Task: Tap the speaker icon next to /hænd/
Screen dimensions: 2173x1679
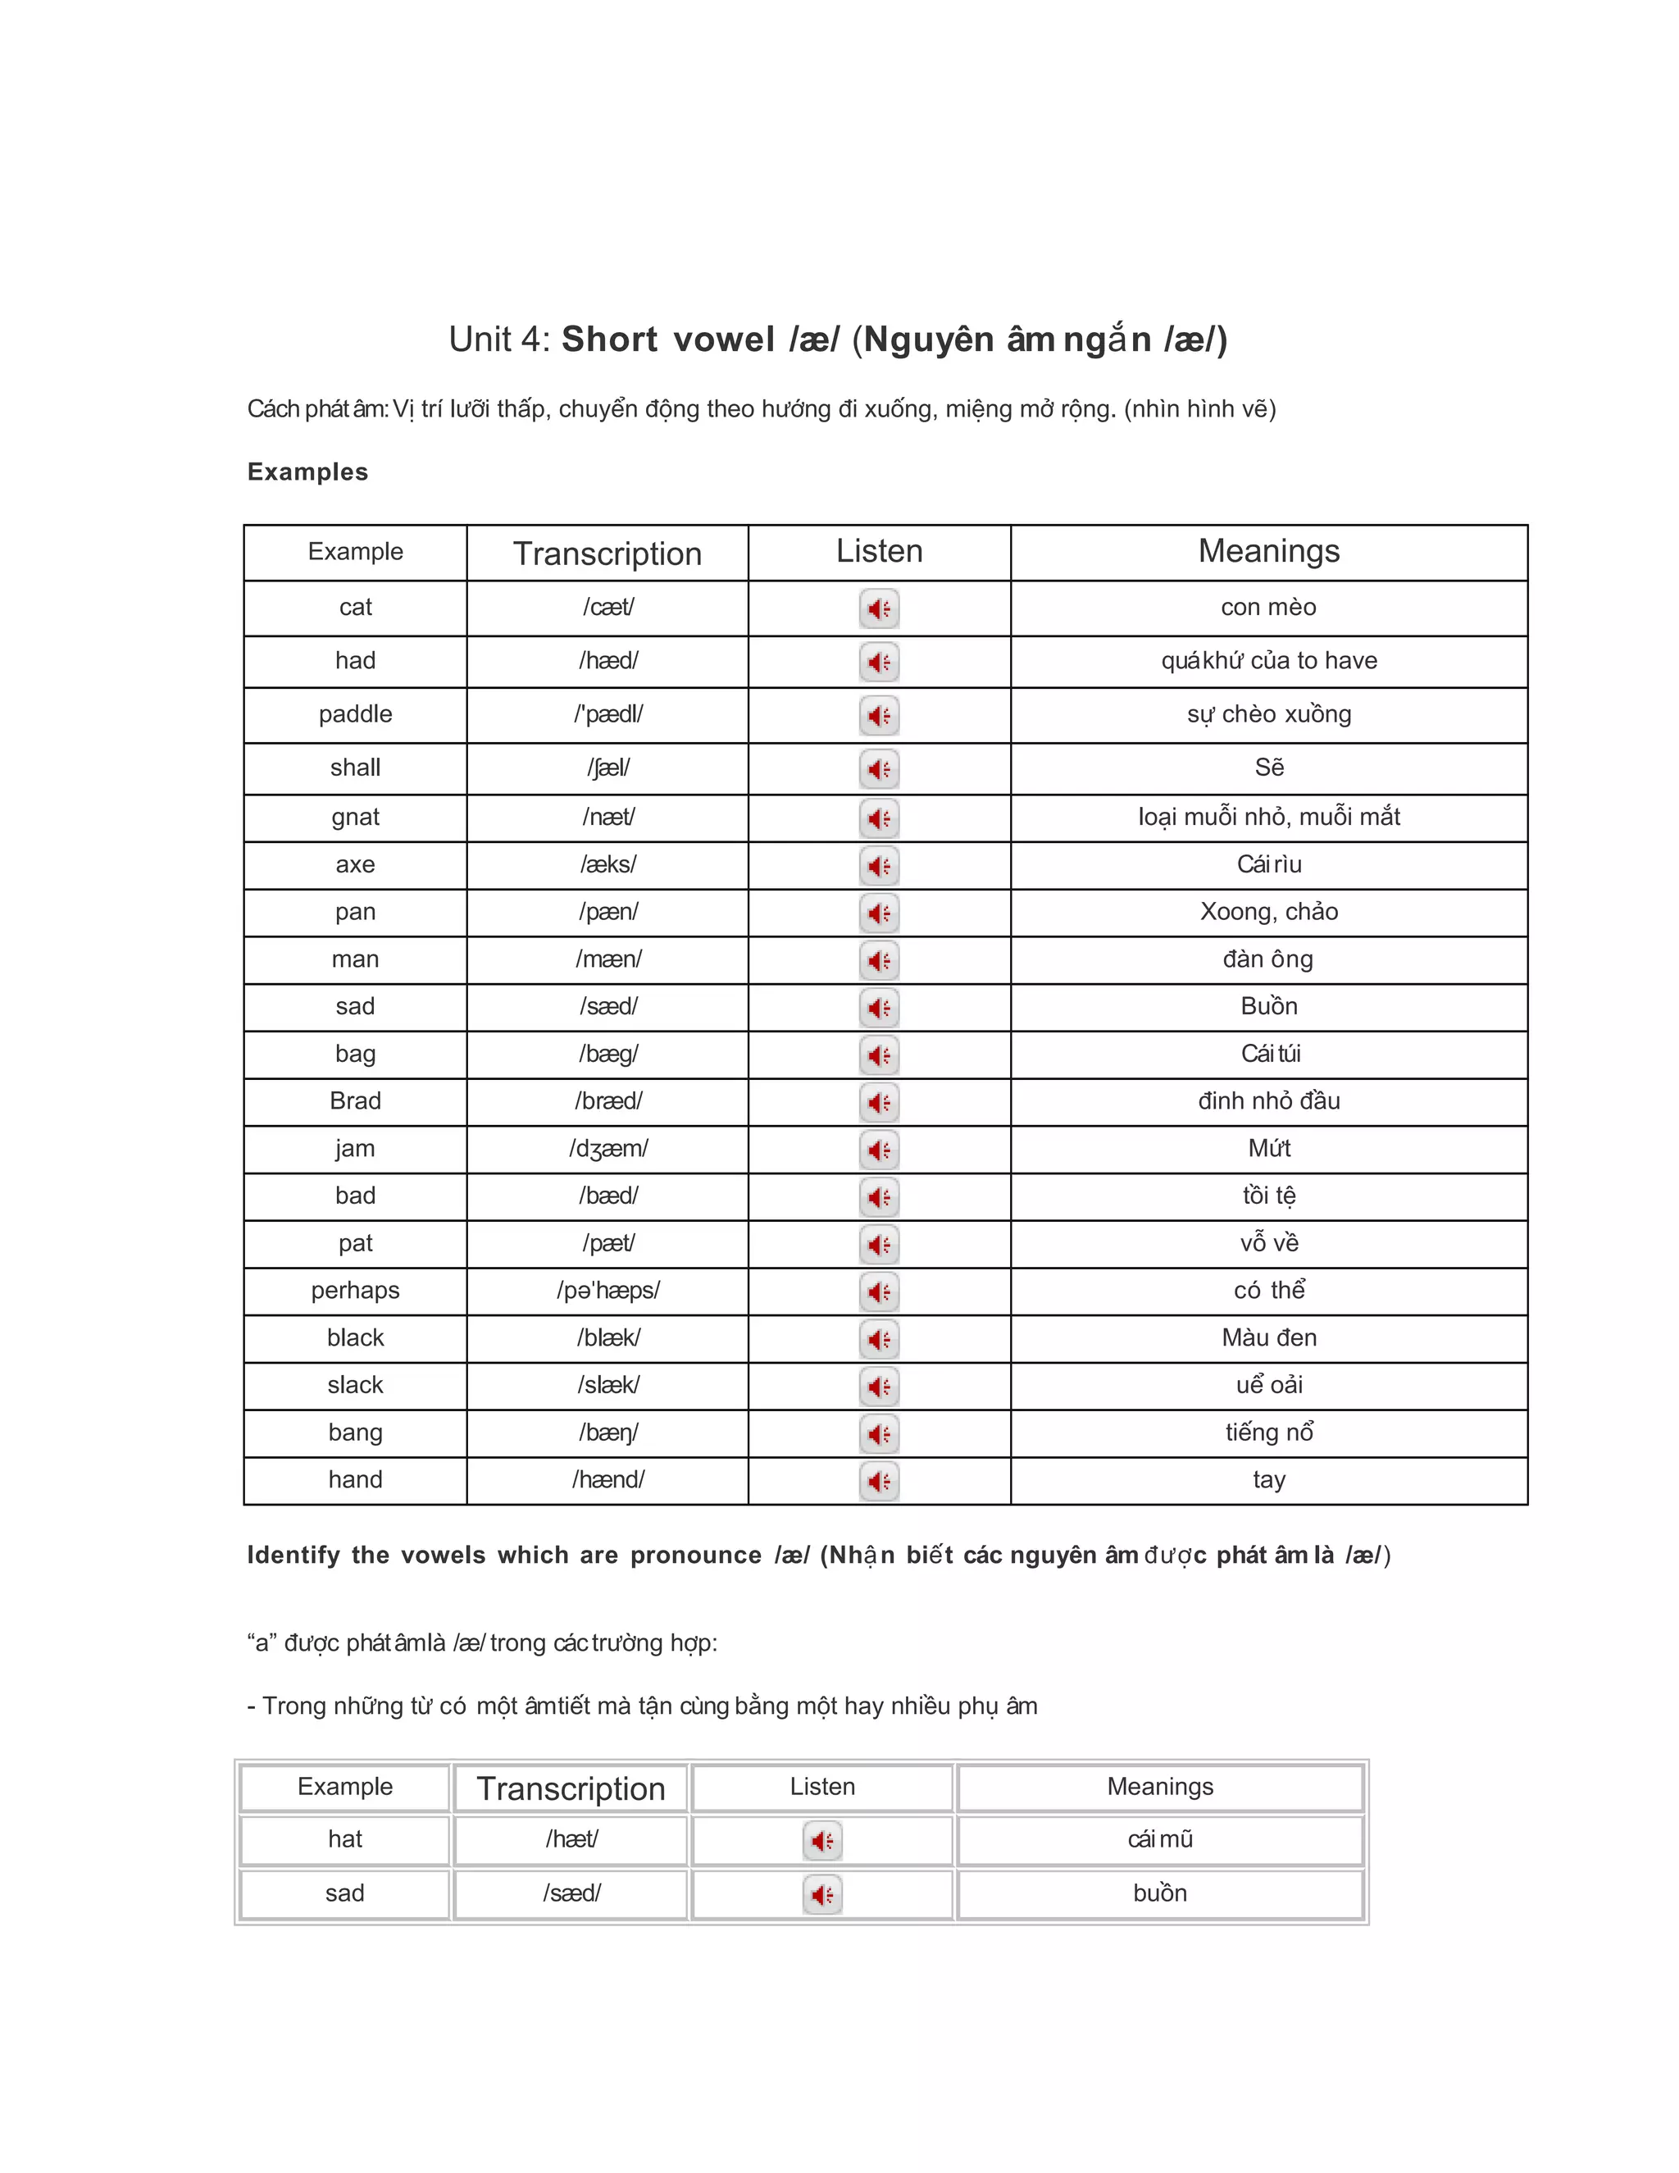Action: pyautogui.click(x=880, y=1482)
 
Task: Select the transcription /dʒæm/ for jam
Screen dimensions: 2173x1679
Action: pyautogui.click(x=607, y=1149)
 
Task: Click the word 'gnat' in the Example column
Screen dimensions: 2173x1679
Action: pyautogui.click(x=355, y=818)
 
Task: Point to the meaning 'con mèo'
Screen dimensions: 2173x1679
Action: pyautogui.click(x=1268, y=608)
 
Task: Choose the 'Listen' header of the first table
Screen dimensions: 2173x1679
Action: pyautogui.click(x=880, y=552)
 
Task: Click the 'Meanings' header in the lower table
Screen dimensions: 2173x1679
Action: pyautogui.click(x=1160, y=1787)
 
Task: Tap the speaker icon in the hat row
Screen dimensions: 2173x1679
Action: pyautogui.click(x=822, y=1841)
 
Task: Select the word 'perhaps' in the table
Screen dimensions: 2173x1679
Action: pyautogui.click(x=355, y=1291)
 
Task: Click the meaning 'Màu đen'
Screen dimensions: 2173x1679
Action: pyautogui.click(x=1268, y=1338)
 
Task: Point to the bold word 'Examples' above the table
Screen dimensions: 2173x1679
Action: pyautogui.click(x=307, y=471)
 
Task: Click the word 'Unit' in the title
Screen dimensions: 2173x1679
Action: pyautogui.click(x=480, y=340)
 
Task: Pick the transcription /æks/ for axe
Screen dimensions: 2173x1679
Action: pyautogui.click(x=607, y=864)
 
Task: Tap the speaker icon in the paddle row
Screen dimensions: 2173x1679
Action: pyautogui.click(x=880, y=715)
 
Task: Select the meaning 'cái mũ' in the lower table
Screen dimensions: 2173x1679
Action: pyautogui.click(x=1160, y=1840)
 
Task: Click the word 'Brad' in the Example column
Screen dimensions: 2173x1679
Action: pyautogui.click(x=355, y=1101)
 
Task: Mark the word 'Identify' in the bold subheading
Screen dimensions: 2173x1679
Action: pyautogui.click(x=293, y=1555)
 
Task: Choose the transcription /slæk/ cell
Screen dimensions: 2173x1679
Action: pyautogui.click(x=607, y=1385)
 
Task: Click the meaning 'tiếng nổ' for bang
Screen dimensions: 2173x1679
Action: pyautogui.click(x=1268, y=1433)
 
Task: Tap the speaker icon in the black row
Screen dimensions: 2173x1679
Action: pyautogui.click(x=880, y=1339)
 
